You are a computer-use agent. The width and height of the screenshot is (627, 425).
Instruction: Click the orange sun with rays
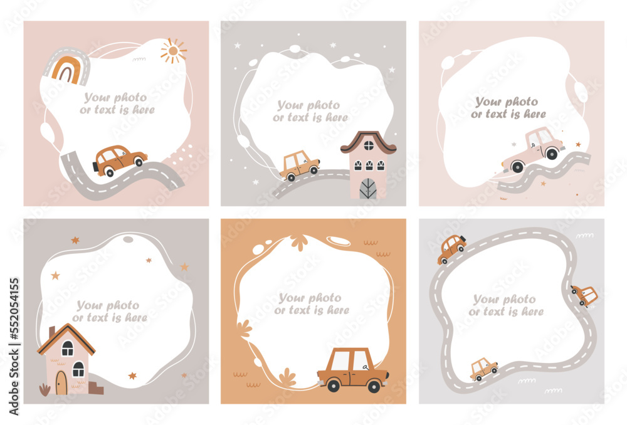coord(173,51)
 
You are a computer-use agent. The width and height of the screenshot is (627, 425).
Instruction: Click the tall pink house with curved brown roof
coord(368,164)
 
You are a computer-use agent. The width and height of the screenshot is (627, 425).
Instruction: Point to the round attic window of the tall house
coord(369,145)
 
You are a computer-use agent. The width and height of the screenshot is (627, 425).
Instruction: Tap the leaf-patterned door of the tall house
coord(368,189)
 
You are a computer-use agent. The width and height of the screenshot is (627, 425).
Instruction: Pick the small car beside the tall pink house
coord(299,165)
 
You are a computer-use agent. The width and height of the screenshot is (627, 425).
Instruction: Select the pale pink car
coord(534,150)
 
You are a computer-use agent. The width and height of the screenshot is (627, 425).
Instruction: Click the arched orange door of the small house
coord(61,382)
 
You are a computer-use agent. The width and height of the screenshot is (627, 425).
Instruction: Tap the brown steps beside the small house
coord(96,388)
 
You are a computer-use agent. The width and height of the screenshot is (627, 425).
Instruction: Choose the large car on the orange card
coord(352,369)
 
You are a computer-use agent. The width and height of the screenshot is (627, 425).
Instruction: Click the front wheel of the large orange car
coord(374,386)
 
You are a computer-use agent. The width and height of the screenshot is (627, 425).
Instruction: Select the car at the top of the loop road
coord(451,249)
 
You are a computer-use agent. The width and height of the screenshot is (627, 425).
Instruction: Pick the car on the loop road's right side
coord(584,295)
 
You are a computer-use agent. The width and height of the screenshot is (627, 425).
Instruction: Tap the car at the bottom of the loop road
coord(483,369)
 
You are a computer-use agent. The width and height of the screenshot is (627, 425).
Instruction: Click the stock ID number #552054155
coord(14,308)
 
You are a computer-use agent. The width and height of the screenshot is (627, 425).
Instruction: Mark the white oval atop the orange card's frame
coord(339,241)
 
